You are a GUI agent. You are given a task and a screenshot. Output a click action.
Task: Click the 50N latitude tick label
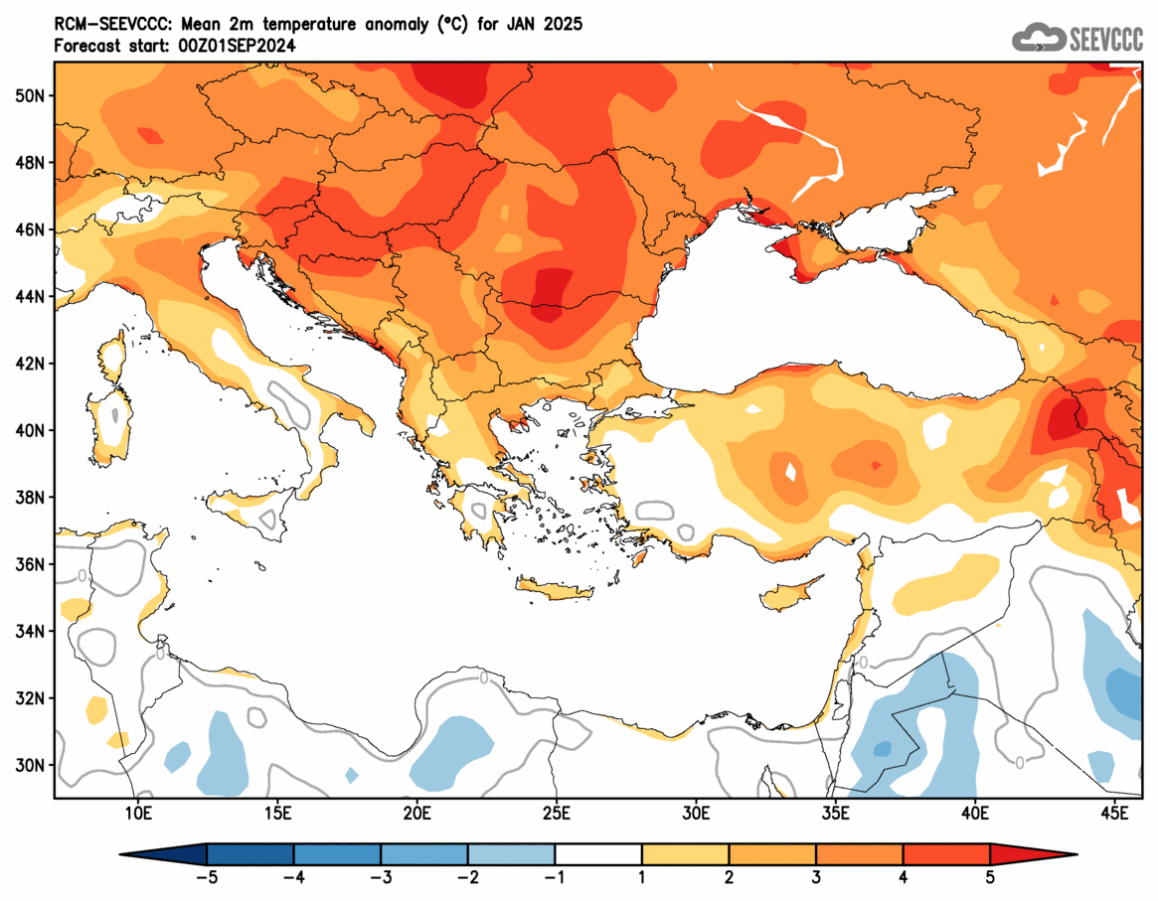point(31,95)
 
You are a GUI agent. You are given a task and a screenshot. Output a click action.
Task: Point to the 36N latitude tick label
point(31,564)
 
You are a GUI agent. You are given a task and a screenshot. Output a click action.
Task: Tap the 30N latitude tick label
point(31,765)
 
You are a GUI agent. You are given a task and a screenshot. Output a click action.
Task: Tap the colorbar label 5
point(990,877)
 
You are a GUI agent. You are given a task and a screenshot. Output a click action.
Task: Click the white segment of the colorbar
point(598,854)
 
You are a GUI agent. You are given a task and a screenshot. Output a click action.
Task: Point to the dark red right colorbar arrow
point(1033,854)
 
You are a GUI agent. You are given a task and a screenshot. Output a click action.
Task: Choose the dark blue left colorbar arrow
point(164,854)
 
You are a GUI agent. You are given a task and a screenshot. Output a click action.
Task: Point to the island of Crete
point(553,591)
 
